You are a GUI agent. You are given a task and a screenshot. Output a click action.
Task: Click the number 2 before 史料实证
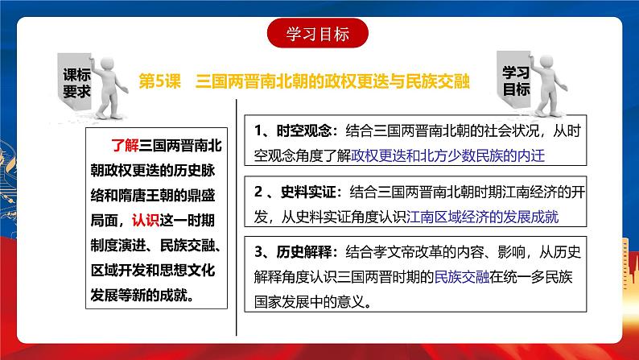(x=255, y=193)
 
